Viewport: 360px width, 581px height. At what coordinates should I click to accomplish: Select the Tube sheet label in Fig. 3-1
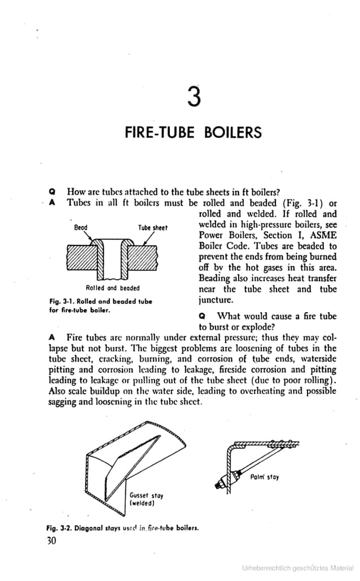click(153, 228)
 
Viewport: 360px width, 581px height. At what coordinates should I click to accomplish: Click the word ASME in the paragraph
click(322, 235)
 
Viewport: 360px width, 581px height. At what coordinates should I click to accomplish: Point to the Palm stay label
click(265, 477)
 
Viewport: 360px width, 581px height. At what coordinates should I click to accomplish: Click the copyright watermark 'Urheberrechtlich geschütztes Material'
click(297, 567)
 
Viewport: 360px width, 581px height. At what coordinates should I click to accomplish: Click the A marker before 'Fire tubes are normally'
click(52, 338)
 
